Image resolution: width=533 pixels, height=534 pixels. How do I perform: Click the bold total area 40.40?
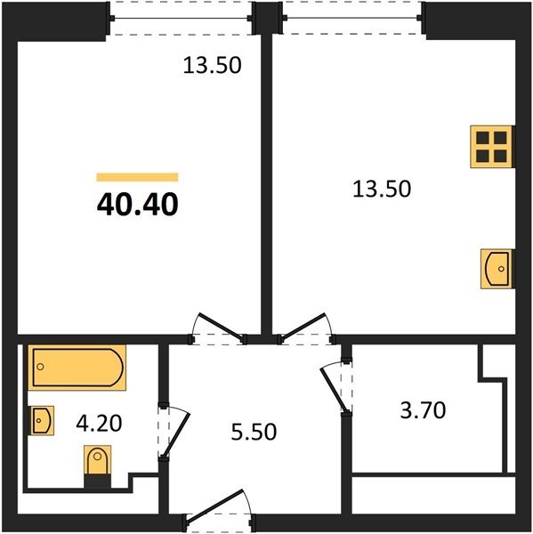pyautogui.click(x=138, y=205)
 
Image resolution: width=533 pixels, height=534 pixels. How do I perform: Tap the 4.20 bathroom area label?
pyautogui.click(x=99, y=424)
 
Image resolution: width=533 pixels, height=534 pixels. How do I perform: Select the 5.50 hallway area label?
pyautogui.click(x=254, y=432)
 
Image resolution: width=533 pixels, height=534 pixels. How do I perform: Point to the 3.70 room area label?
pyautogui.click(x=423, y=410)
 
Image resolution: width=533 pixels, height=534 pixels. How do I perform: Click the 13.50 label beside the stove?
pyautogui.click(x=382, y=189)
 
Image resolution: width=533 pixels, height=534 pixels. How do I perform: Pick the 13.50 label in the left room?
pyautogui.click(x=212, y=65)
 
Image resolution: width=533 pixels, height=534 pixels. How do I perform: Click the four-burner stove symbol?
pyautogui.click(x=491, y=147)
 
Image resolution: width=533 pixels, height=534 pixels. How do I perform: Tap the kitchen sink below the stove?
pyautogui.click(x=497, y=269)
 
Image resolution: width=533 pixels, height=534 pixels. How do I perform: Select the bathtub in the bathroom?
pyautogui.click(x=77, y=367)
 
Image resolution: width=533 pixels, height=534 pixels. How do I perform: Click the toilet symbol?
pyautogui.click(x=97, y=465)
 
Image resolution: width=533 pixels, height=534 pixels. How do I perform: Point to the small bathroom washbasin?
pyautogui.click(x=43, y=421)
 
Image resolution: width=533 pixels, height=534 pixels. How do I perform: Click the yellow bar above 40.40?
pyautogui.click(x=137, y=177)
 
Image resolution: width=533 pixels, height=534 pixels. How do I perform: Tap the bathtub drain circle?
pyautogui.click(x=41, y=367)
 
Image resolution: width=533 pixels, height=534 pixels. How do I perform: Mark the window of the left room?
pyautogui.click(x=181, y=18)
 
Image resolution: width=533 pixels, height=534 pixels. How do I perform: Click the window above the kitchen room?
pyautogui.click(x=352, y=18)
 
